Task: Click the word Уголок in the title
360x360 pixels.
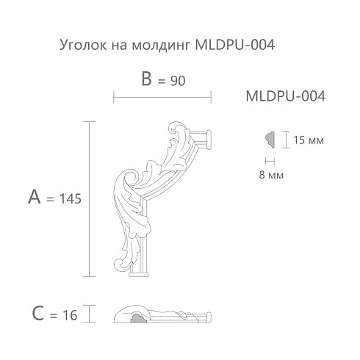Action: pyautogui.click(x=83, y=46)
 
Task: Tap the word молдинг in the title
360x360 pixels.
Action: pyautogui.click(x=161, y=46)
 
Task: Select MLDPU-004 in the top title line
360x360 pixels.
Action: pyautogui.click(x=235, y=45)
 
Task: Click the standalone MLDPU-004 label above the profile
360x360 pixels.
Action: pyautogui.click(x=286, y=96)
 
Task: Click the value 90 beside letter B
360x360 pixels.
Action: pyautogui.click(x=178, y=81)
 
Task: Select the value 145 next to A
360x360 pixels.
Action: pyautogui.click(x=71, y=198)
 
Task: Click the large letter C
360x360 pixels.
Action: pyautogui.click(x=38, y=314)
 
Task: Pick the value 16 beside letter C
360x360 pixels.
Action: pyautogui.click(x=70, y=315)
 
